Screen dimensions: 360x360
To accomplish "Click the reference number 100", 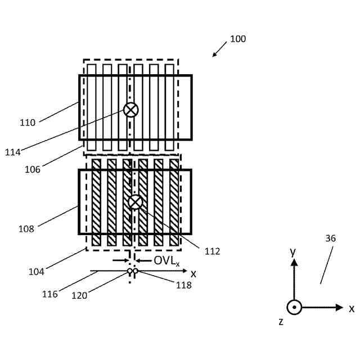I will click(238, 39).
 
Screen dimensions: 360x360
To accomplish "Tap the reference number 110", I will click(27, 123).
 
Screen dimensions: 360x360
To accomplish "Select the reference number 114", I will click(12, 152).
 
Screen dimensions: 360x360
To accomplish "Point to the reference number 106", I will click(33, 168).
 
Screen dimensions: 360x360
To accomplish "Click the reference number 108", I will click(26, 229).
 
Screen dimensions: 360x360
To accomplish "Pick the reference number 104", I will click(36, 272).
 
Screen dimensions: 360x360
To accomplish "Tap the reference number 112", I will click(212, 251).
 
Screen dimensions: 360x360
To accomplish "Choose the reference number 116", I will click(49, 294).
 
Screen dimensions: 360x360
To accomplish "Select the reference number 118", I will click(183, 285).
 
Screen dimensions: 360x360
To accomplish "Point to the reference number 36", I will click(330, 238).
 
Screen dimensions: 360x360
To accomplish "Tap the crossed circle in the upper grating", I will click(130, 110).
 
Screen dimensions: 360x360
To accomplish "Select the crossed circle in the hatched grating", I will click(136, 202).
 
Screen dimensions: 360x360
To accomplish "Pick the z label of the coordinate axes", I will click(281, 322).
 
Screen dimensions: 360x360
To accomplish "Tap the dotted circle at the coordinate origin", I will click(294, 308).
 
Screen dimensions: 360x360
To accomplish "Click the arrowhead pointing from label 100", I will click(214, 55).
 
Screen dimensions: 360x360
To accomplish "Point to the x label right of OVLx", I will click(193, 273).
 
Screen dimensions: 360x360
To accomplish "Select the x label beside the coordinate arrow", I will click(352, 308).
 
